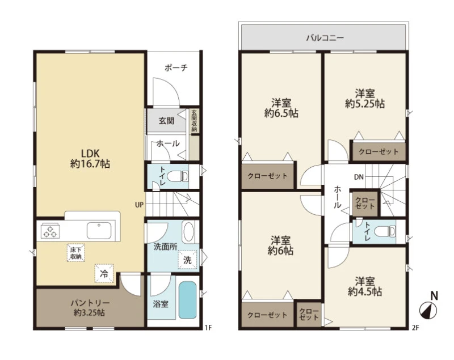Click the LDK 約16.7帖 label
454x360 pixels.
[90, 159]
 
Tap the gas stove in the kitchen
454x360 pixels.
[51, 231]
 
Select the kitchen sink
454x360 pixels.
[99, 231]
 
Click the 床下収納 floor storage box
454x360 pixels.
[76, 253]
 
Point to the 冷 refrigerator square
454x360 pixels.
[104, 273]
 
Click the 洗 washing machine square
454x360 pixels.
[187, 260]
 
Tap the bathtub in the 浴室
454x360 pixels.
[188, 300]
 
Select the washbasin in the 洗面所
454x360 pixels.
[189, 232]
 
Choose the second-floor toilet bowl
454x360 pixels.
[385, 232]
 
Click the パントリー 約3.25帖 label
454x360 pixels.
[90, 308]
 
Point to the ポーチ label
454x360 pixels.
[176, 68]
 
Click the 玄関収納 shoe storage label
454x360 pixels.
[194, 121]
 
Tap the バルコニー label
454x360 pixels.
[325, 38]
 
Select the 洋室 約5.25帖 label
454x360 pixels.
[365, 99]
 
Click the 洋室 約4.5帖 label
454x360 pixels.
[365, 286]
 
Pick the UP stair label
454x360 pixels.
[139, 205]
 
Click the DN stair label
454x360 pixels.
[359, 177]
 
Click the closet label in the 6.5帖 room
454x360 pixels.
[267, 176]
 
